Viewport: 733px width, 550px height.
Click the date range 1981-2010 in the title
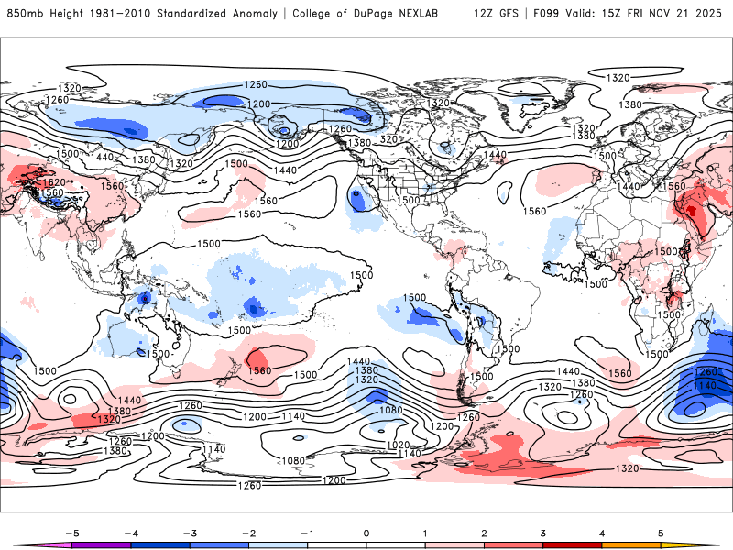click(118, 14)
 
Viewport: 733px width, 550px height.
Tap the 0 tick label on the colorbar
click(366, 532)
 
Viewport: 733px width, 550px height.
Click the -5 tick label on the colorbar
click(71, 532)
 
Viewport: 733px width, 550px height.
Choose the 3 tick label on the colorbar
click(543, 532)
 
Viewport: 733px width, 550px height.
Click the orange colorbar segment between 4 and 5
click(631, 544)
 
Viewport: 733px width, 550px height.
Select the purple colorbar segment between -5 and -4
click(101, 544)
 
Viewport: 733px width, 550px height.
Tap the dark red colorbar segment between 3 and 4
click(573, 544)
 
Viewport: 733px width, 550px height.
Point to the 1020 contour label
click(398, 445)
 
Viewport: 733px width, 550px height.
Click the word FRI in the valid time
click(638, 14)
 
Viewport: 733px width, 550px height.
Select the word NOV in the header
click(662, 14)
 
